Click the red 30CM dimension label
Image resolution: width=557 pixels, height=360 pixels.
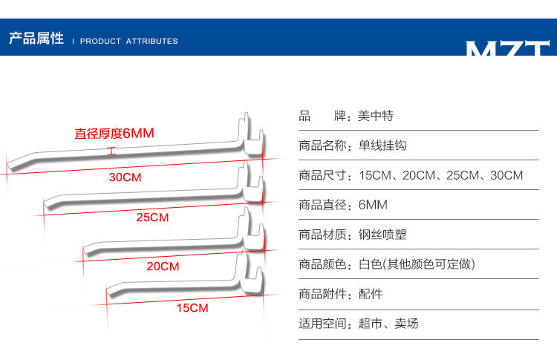125,177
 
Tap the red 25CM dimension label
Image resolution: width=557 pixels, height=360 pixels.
152,217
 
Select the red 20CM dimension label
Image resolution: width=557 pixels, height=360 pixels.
163,266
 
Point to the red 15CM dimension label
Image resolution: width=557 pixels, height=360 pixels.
192,307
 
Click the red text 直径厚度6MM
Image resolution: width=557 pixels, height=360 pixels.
114,134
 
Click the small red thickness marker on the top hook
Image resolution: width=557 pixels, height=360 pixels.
111,152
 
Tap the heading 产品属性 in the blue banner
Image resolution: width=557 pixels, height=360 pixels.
36,39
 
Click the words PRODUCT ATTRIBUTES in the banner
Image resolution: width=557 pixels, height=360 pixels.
128,42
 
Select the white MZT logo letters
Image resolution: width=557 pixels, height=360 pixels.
508,49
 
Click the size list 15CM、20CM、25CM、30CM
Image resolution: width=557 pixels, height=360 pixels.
440,175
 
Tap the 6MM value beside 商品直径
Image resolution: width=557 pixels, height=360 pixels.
373,205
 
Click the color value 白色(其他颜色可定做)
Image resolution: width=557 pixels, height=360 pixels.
417,264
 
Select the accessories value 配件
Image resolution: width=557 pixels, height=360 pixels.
371,294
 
